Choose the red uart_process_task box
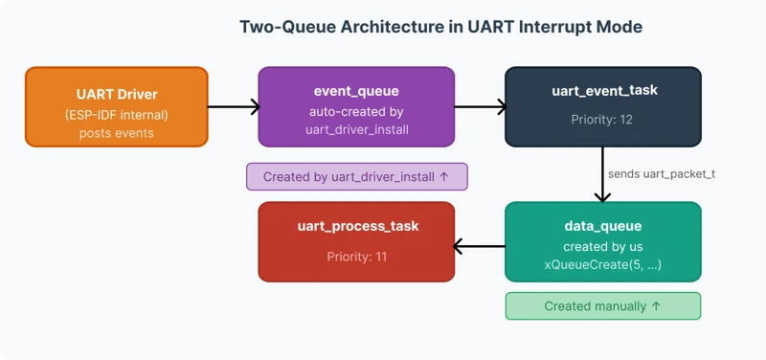click(356, 241)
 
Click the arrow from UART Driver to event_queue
click(234, 107)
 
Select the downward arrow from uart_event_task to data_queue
click(603, 174)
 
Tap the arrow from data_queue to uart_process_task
click(479, 248)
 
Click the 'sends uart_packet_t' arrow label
click(662, 173)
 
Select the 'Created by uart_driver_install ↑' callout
click(356, 176)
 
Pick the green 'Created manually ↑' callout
click(602, 306)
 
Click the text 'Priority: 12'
click(603, 121)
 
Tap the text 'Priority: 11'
click(356, 256)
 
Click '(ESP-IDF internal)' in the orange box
click(116, 115)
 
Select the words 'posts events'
click(116, 133)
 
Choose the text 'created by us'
click(603, 246)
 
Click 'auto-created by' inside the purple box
click(356, 111)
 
